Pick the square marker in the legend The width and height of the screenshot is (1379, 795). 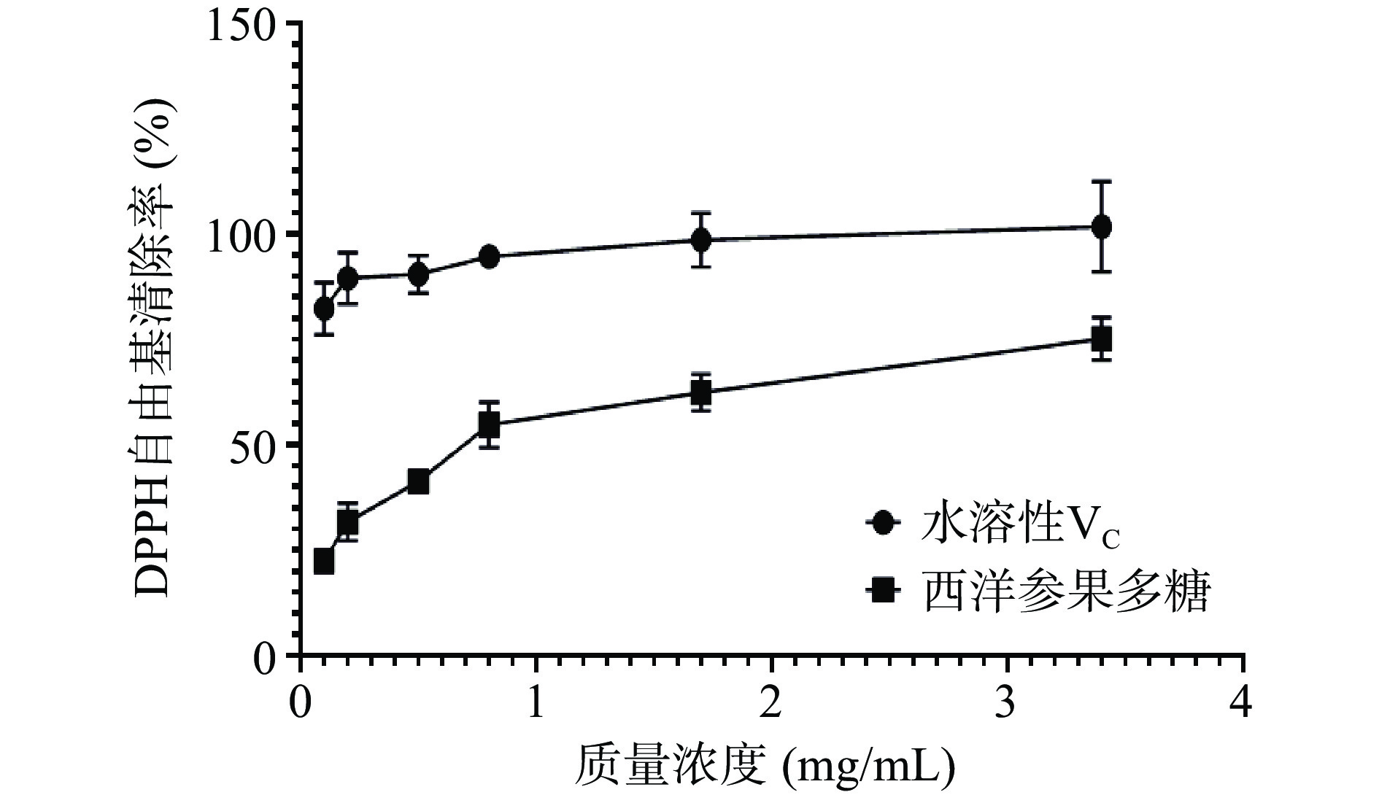pos(885,590)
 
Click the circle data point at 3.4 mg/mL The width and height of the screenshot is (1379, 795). pos(1101,227)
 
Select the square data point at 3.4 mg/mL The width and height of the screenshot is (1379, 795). pos(1101,339)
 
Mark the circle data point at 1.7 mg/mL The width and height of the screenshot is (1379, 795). pos(701,240)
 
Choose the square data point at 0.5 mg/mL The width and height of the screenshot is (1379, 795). pos(418,481)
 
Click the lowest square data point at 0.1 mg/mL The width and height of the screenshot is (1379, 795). pos(324,562)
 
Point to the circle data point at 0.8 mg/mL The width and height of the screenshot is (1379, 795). pos(489,256)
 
